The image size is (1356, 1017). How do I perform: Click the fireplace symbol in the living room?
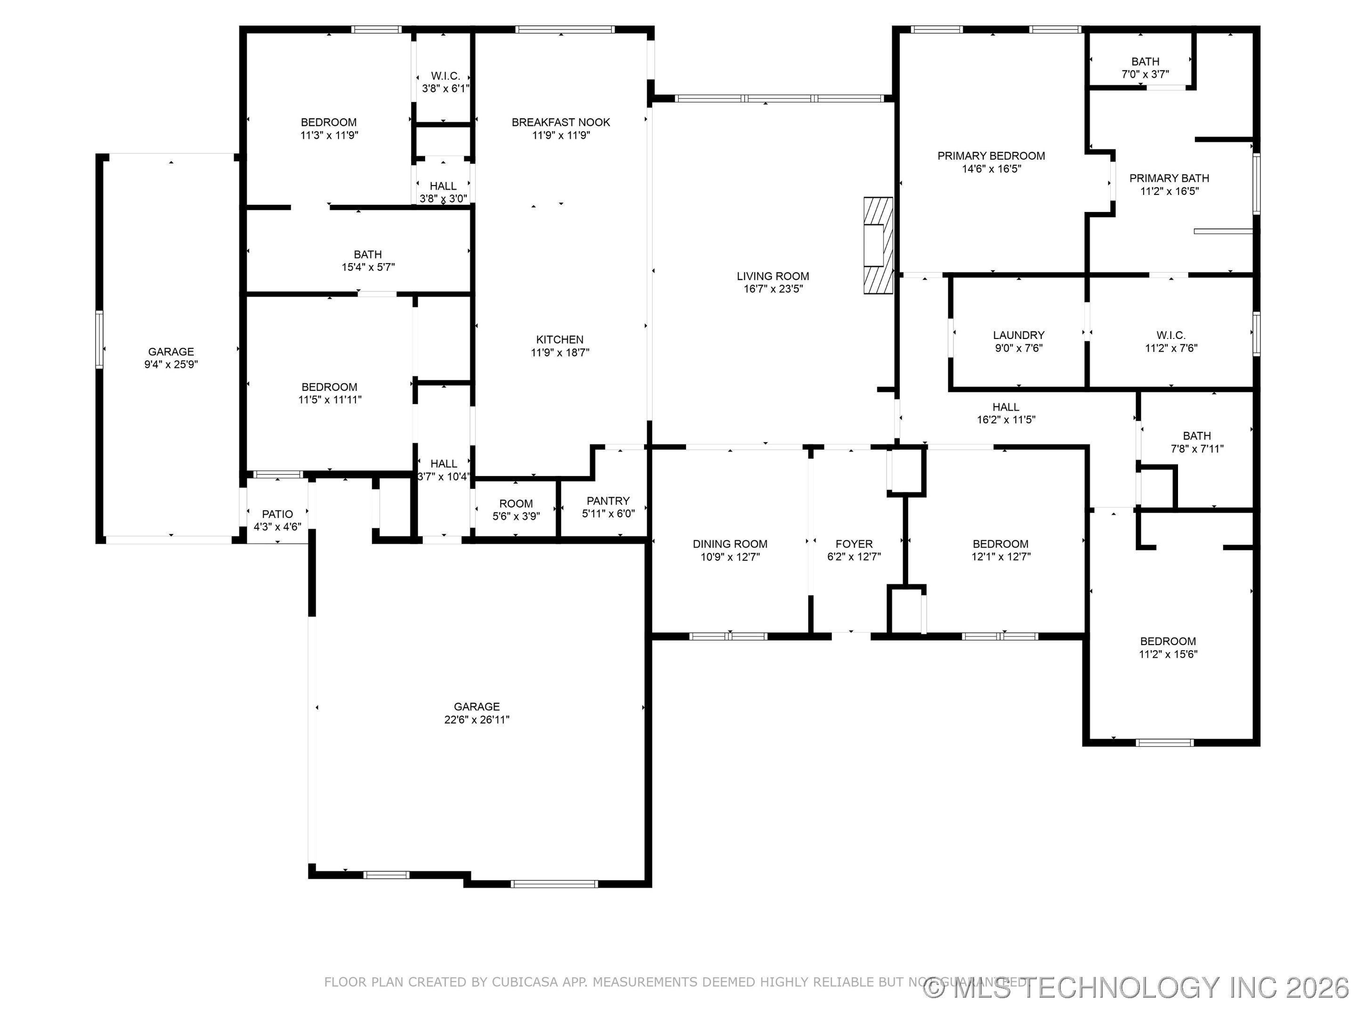[877, 245]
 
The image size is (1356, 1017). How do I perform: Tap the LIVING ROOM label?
[773, 276]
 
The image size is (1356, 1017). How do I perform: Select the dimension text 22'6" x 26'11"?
[476, 720]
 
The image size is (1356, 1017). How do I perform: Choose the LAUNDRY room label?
[1018, 335]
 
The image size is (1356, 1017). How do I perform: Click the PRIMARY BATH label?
[1169, 178]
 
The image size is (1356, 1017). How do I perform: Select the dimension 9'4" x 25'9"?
[170, 365]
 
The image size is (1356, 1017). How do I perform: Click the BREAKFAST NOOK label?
[560, 122]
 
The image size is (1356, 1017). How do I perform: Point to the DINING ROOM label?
[729, 544]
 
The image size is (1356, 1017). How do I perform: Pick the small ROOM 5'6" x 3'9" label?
[516, 503]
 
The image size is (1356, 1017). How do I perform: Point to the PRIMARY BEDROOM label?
[991, 156]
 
